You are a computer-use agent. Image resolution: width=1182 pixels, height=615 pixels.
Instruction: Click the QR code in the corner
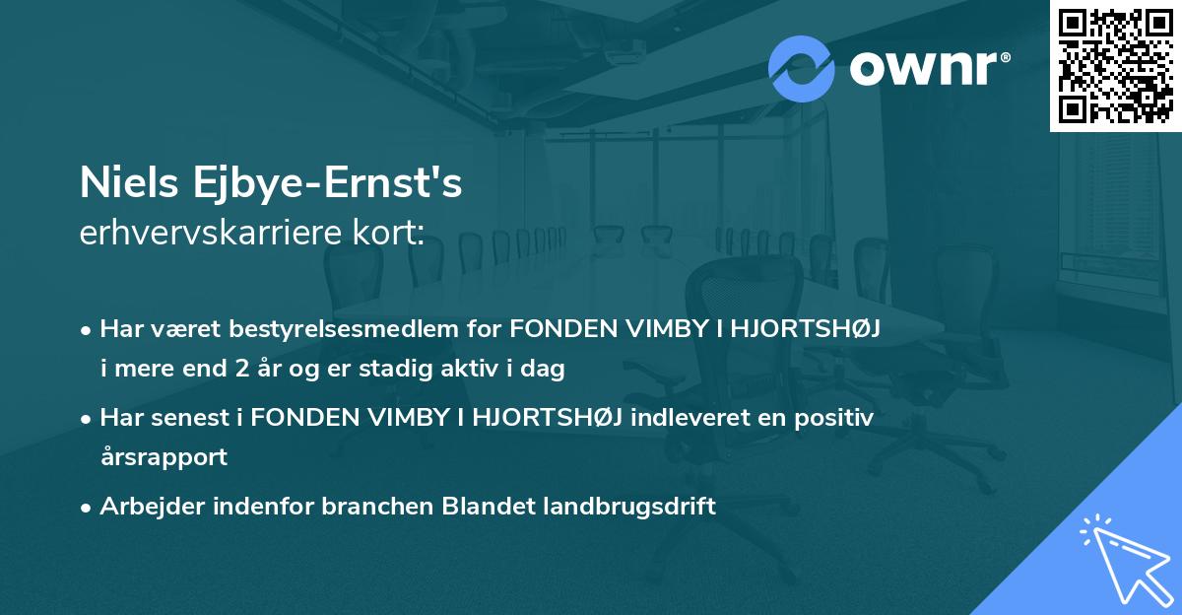[1115, 65]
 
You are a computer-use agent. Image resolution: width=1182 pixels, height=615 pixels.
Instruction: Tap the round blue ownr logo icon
[802, 68]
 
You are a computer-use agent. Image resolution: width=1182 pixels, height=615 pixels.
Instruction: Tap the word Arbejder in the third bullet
[144, 507]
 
